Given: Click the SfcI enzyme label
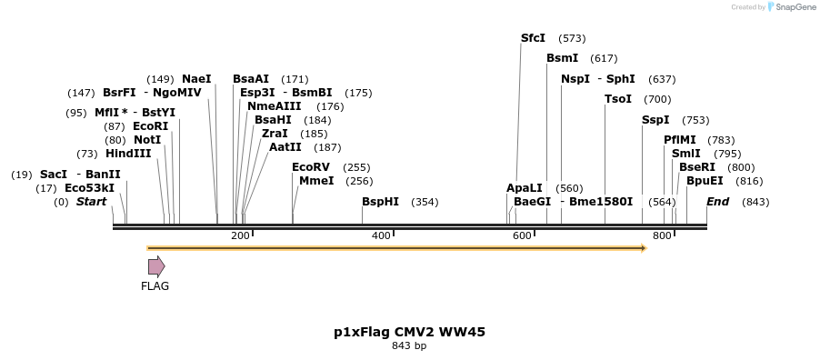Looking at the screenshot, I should tap(533, 38).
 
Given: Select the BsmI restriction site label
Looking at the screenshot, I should tap(562, 58).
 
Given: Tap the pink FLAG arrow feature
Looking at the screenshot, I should tap(156, 266).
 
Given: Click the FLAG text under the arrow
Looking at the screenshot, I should tap(155, 286).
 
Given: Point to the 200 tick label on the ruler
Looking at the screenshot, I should tap(240, 236).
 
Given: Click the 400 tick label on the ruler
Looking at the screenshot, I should tap(381, 236).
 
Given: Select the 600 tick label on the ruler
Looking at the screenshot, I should tap(522, 236).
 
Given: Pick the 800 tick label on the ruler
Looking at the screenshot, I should tap(662, 236).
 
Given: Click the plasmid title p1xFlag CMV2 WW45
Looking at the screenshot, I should tap(409, 332).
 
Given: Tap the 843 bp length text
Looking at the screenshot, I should tap(409, 346).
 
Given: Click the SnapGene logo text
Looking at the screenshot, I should tap(795, 7).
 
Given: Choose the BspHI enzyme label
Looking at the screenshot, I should tap(380, 202).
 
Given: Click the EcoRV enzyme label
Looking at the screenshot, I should tap(311, 167).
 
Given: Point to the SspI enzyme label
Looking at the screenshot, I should tap(655, 120).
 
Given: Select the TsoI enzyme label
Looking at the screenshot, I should tap(618, 99).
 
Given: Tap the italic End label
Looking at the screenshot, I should tap(717, 202).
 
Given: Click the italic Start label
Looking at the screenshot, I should tap(91, 202).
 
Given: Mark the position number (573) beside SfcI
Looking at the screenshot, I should tap(572, 38).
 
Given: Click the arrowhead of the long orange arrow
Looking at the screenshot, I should tap(642, 247).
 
